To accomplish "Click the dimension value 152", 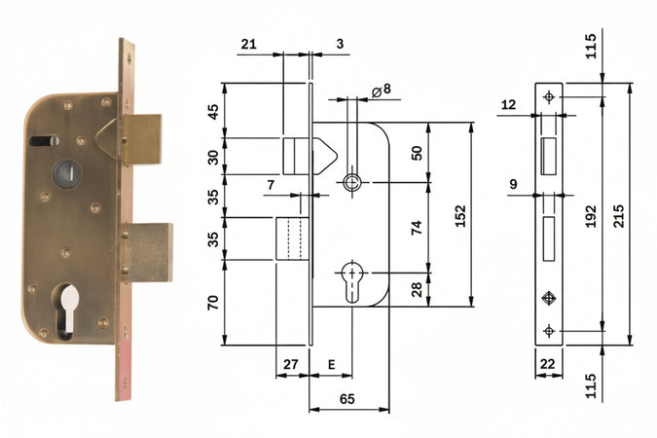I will tap(460, 213).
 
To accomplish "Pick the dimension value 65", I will tap(347, 399).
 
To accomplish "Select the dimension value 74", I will tap(417, 228).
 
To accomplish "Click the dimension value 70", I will tap(213, 303).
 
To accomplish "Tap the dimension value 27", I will tap(290, 364).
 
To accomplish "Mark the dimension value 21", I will tap(248, 44).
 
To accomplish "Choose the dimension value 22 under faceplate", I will tap(549, 364).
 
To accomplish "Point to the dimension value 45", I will tap(213, 110).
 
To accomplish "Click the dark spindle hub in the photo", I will tap(66, 172).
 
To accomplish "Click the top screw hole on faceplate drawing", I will tap(549, 97).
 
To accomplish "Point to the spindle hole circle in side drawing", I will tap(351, 182).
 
